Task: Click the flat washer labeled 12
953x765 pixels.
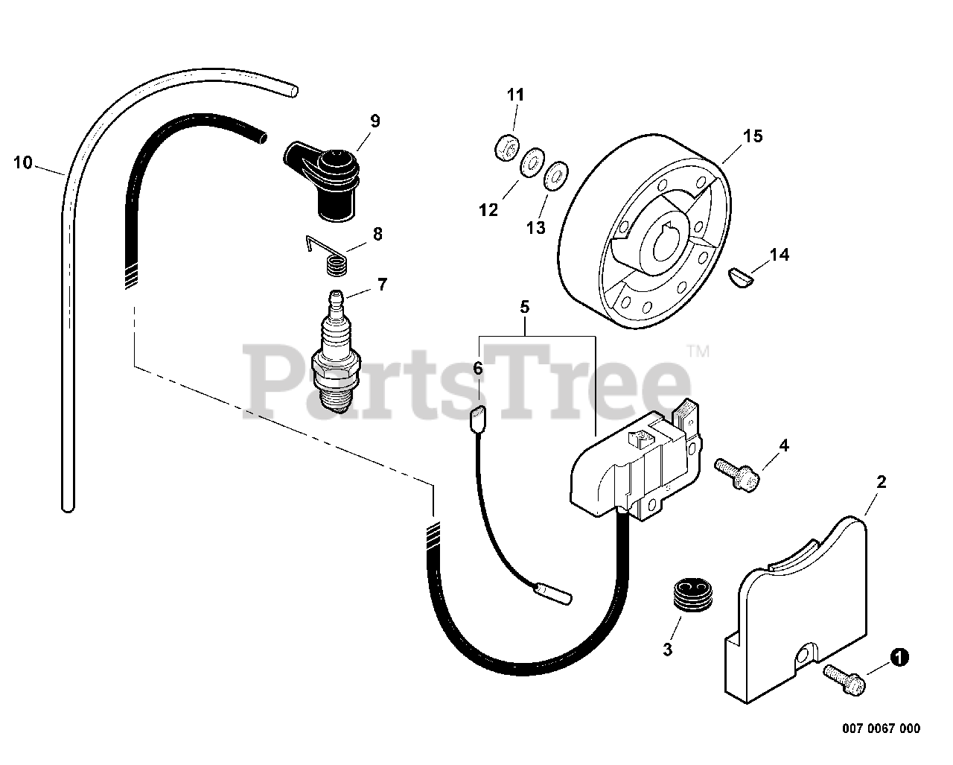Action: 529,163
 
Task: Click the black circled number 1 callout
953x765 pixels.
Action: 899,657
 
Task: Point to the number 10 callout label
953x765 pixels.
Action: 23,162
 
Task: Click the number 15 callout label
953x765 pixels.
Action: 753,136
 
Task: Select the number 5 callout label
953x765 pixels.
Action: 524,306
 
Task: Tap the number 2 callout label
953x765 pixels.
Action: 882,482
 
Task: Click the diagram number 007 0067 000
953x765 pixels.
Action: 882,729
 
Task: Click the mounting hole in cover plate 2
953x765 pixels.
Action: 802,656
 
